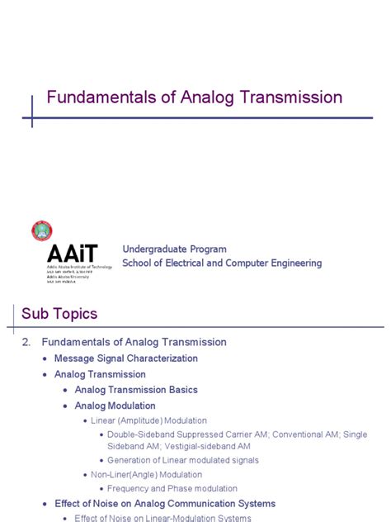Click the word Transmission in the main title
click(292, 97)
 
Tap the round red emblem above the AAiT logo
click(42, 231)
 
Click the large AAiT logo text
click(73, 253)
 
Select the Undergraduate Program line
click(174, 249)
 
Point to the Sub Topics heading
click(59, 314)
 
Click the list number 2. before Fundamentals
click(26, 342)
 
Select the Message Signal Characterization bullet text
click(125, 358)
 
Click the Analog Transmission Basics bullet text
click(136, 390)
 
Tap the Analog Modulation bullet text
click(115, 406)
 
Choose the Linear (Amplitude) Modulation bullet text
click(148, 420)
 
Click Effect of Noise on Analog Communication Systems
click(165, 504)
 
